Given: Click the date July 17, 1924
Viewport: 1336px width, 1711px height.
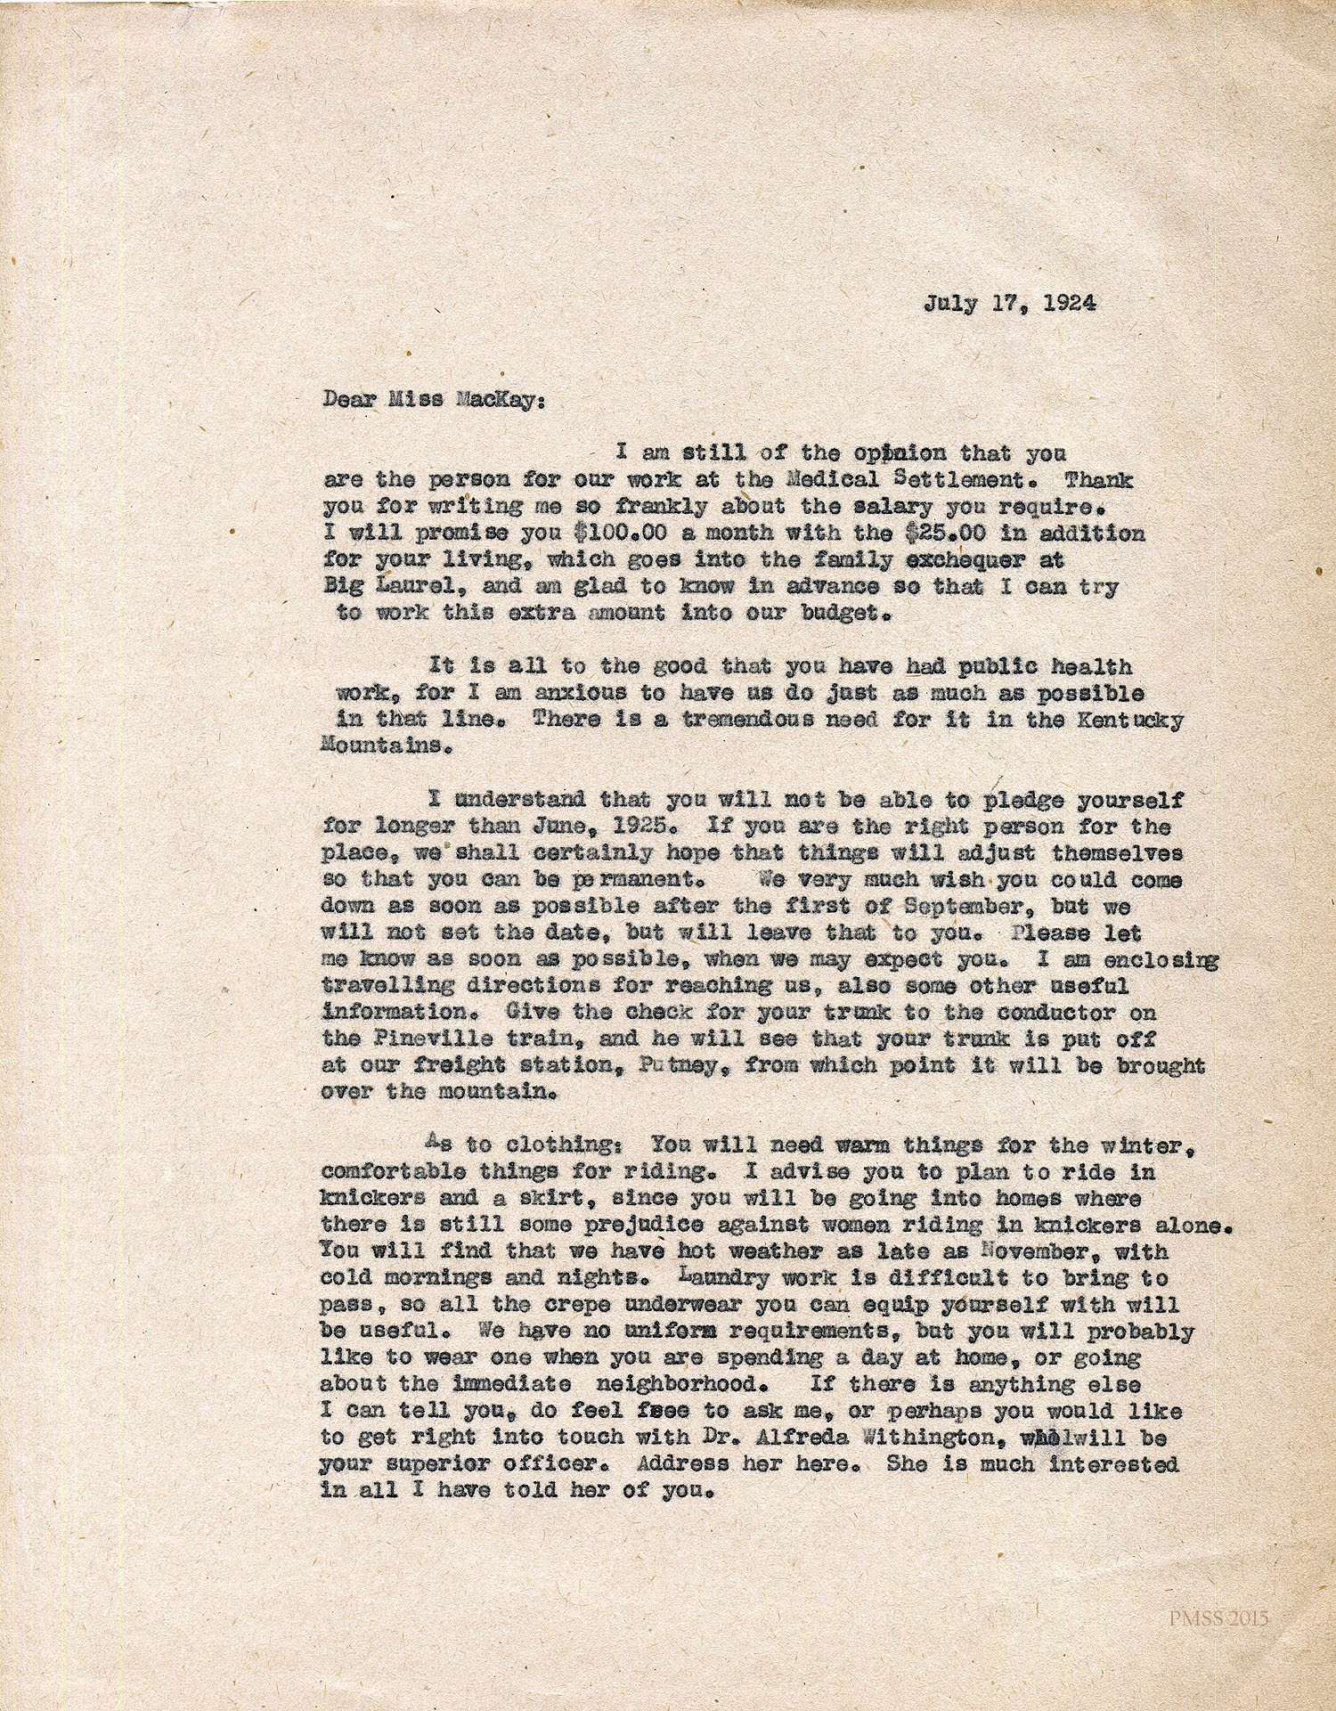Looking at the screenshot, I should (1009, 303).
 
